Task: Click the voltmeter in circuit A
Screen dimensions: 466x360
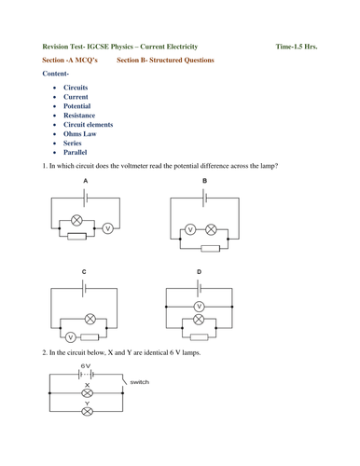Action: coord(106,227)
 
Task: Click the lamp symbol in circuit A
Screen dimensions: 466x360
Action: coord(77,222)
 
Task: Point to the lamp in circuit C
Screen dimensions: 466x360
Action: coord(90,318)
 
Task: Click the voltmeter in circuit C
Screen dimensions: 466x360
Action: coord(70,336)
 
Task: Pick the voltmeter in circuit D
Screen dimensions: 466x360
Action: coord(198,307)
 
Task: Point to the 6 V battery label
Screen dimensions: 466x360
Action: coord(85,366)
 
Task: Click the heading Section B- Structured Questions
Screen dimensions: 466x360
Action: coord(165,59)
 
